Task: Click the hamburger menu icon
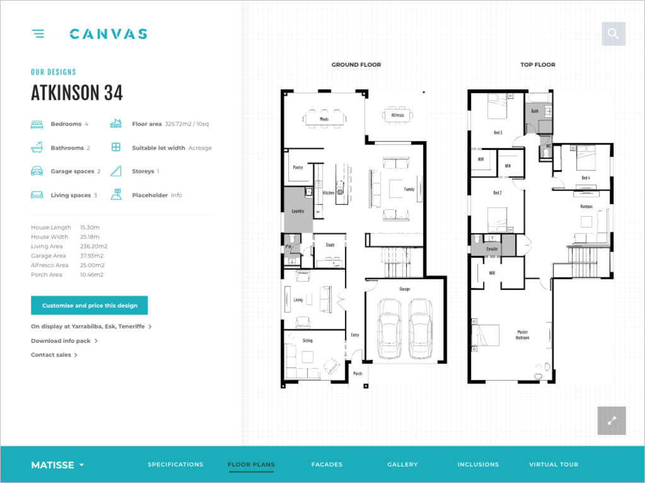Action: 38,34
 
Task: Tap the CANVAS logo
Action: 108,34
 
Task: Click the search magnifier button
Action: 613,34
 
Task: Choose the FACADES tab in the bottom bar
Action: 327,465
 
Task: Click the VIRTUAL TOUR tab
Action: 553,465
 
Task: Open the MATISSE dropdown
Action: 57,465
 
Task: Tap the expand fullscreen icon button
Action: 611,421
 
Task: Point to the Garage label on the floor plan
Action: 404,289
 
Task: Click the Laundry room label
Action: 298,211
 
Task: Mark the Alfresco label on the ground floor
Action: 397,115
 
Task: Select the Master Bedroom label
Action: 523,334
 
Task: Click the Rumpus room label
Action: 586,206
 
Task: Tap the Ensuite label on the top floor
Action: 492,248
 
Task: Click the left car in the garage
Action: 389,328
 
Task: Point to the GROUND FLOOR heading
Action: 356,65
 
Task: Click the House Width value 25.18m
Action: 90,237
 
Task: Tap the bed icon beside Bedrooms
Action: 37,124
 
